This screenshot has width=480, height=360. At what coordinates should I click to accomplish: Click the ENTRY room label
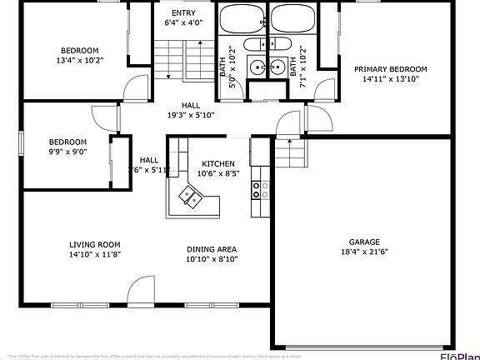point(183,13)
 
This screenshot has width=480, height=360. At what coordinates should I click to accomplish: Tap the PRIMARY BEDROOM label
point(390,69)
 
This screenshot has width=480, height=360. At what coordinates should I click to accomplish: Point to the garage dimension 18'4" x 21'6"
point(364,252)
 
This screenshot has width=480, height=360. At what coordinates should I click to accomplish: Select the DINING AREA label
point(211,249)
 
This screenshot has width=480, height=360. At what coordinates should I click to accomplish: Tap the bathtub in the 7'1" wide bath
point(292,17)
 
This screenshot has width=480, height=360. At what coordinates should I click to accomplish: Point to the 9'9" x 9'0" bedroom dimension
point(67,152)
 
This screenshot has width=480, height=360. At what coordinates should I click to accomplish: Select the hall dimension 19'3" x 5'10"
point(191,116)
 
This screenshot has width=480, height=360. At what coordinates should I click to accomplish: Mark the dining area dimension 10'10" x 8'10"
point(211,259)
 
